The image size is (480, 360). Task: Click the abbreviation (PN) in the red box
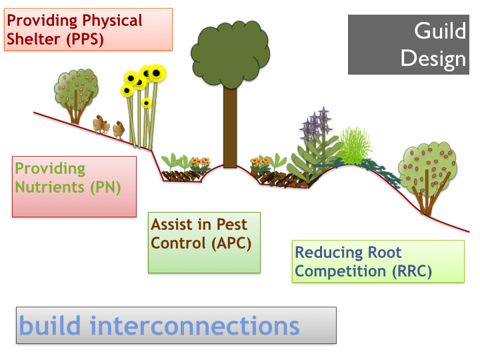105,187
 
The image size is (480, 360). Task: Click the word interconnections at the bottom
195,326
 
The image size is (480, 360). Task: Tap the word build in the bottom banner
51,326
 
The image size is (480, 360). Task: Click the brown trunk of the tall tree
230,127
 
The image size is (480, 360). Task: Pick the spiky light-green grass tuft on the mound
353,148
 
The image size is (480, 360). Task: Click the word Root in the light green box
385,253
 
